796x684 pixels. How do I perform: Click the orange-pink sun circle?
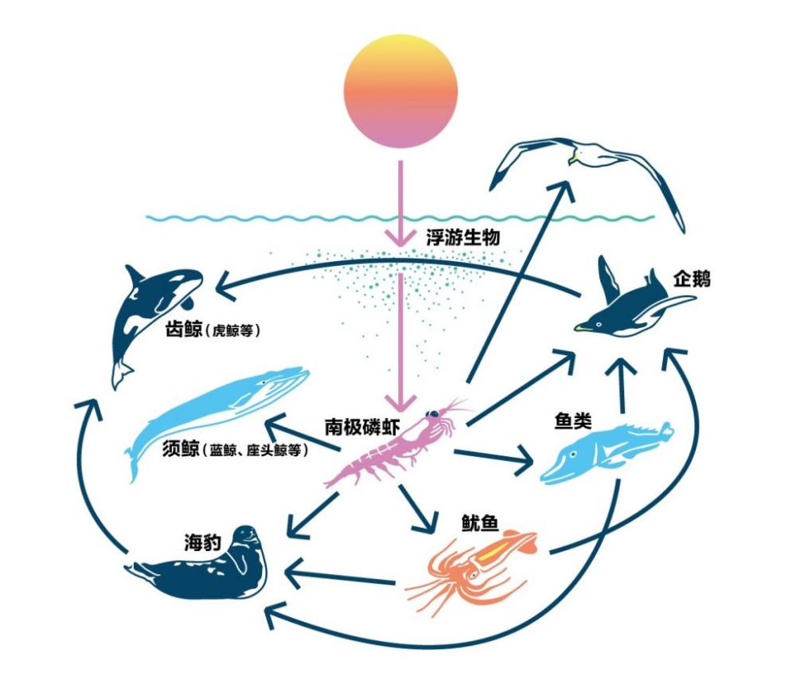(x=400, y=91)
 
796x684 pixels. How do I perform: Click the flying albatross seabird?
(x=589, y=163)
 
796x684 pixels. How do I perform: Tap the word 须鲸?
(x=183, y=450)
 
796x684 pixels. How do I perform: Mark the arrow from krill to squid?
(x=417, y=510)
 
